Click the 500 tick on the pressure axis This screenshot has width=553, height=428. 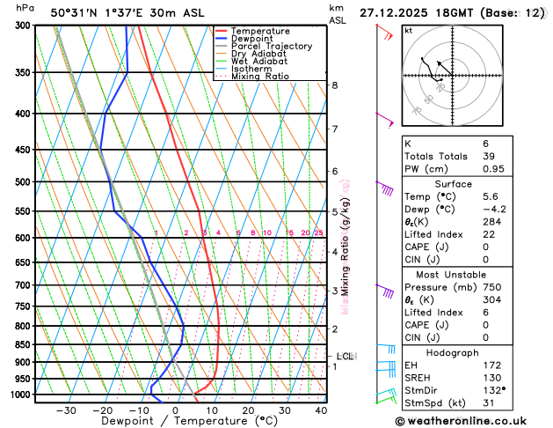(x=24, y=182)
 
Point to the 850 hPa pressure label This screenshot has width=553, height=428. (x=24, y=344)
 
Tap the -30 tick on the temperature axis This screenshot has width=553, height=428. (x=66, y=410)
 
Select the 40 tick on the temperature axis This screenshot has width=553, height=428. (x=321, y=410)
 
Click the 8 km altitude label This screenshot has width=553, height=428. (x=335, y=85)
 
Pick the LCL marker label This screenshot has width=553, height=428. (x=345, y=357)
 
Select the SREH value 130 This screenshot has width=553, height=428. (x=493, y=377)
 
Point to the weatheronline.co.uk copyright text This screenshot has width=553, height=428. (x=471, y=420)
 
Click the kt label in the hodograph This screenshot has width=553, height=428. (x=408, y=30)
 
